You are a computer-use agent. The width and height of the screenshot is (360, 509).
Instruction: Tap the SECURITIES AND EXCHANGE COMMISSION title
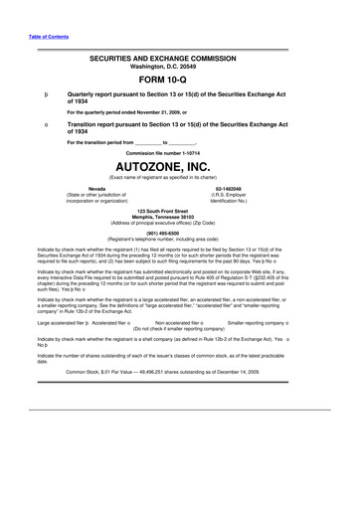[x=180, y=59]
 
